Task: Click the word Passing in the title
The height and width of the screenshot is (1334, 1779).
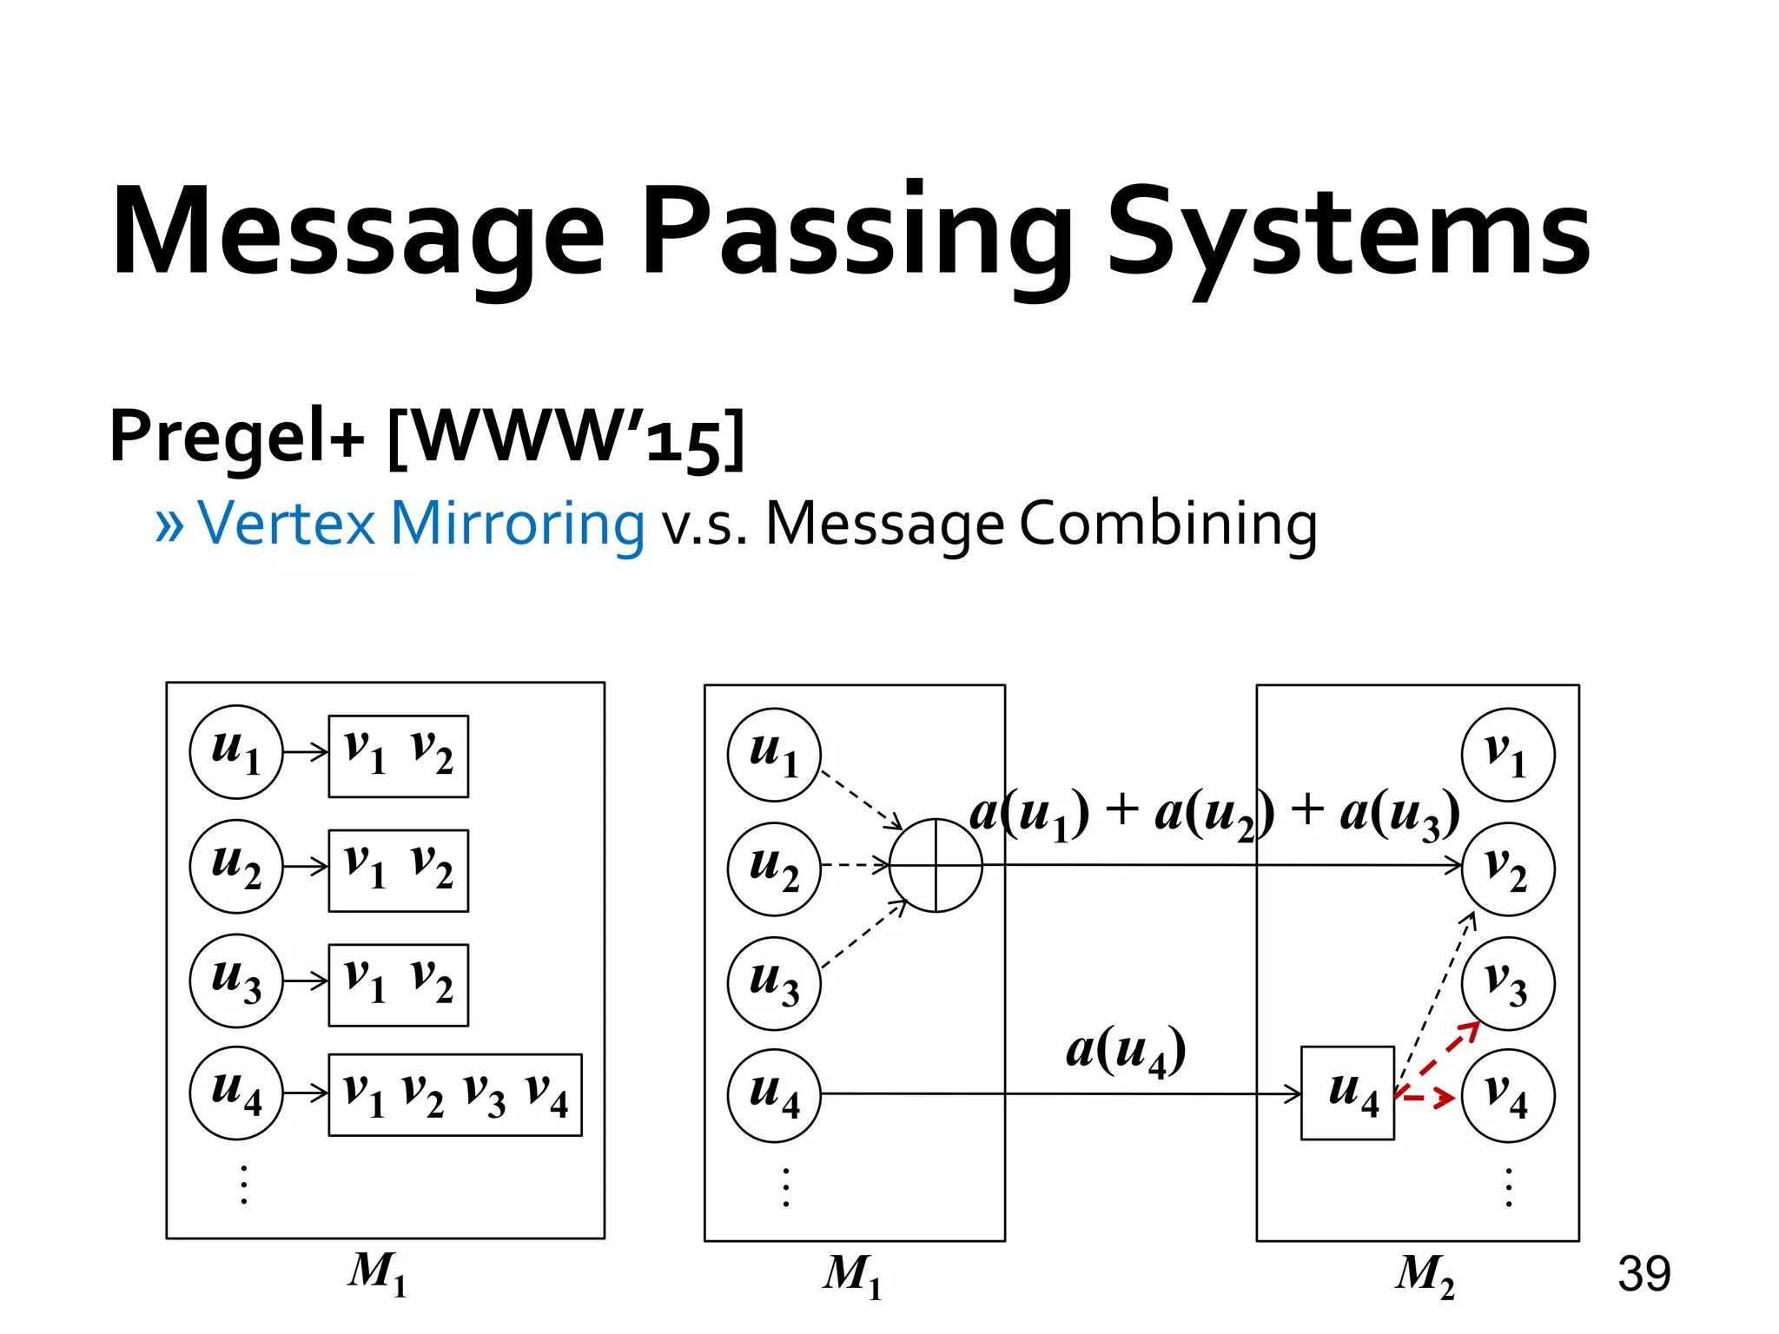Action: coord(856,234)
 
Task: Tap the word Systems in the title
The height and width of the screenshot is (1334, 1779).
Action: coord(1348,234)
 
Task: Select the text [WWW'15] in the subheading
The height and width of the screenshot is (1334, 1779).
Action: coord(565,437)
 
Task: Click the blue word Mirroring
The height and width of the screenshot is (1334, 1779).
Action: coord(517,524)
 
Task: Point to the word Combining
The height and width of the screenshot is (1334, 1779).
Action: coord(1167,524)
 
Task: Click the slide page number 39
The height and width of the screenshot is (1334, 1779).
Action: coord(1643,1274)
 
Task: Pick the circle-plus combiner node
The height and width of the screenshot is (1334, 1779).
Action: coord(936,865)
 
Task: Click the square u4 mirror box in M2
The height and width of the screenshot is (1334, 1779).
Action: coord(1347,1093)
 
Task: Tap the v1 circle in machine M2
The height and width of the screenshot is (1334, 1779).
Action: coord(1508,754)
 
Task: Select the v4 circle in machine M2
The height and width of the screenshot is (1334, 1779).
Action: coord(1508,1095)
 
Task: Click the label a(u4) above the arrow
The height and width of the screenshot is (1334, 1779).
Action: coord(1126,1051)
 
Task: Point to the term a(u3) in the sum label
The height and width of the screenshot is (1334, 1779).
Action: coord(1399,815)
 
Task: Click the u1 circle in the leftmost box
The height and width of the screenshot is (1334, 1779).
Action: coord(236,751)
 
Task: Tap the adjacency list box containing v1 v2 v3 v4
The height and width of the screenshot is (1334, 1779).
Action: coord(455,1094)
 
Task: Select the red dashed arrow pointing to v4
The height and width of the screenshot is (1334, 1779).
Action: coord(1426,1098)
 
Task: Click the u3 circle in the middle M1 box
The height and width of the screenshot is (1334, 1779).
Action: coord(774,983)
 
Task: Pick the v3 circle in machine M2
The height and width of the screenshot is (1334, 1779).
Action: coord(1508,983)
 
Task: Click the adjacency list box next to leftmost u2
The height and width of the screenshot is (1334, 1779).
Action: coord(398,870)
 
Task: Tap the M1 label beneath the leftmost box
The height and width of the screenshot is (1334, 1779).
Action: coord(378,1272)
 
